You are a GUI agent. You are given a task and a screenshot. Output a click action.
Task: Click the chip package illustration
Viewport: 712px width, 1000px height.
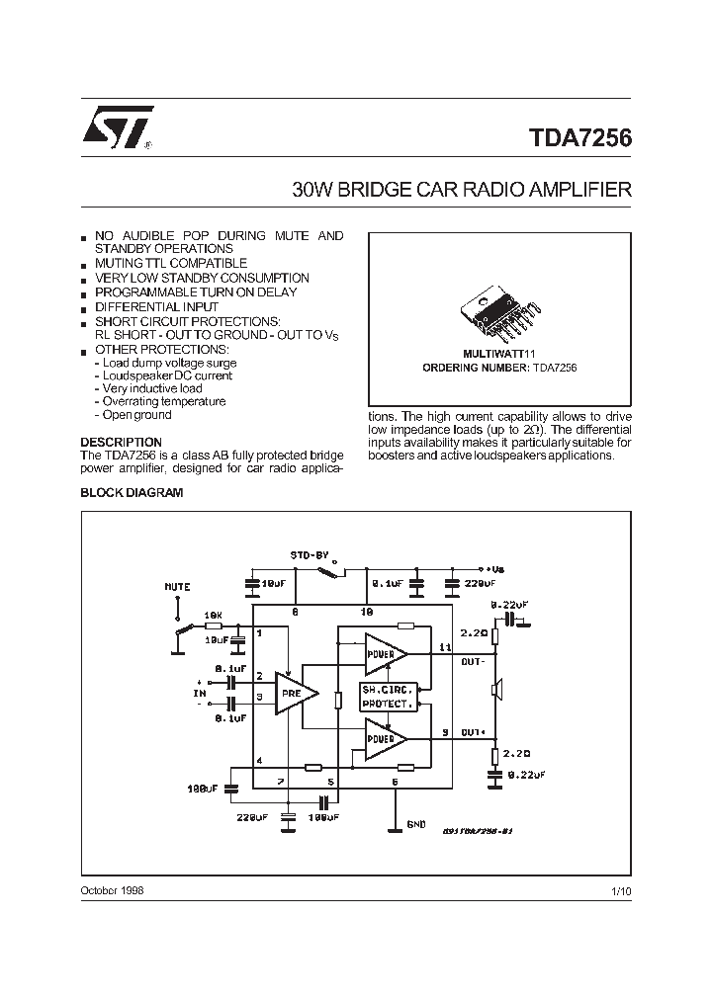(499, 314)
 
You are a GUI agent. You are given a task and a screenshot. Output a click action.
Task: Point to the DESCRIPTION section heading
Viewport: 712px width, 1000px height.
(121, 442)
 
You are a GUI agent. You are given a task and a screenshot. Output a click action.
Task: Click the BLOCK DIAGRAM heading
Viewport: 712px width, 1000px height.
(132, 492)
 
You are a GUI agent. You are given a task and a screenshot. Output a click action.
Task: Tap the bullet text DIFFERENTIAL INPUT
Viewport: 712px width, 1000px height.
(155, 307)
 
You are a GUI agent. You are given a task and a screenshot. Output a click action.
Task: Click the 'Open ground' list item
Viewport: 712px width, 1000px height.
(136, 415)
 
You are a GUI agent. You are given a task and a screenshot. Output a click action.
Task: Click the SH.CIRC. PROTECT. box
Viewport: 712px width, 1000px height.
(387, 696)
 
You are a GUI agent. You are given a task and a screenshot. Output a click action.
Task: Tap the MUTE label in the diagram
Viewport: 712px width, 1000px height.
(177, 587)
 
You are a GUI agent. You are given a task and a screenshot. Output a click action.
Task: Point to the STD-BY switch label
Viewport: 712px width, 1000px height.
(309, 554)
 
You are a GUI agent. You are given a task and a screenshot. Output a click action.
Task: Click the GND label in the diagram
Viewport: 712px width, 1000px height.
(416, 823)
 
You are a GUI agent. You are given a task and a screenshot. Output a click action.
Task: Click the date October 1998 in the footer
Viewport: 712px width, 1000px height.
(112, 890)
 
